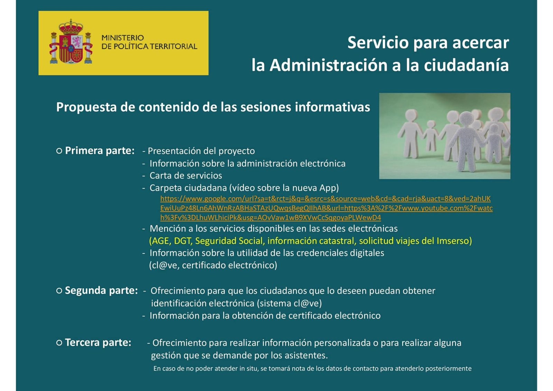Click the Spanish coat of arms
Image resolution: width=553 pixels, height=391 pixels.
pos(71,41)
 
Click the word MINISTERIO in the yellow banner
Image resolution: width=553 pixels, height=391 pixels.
pos(123,38)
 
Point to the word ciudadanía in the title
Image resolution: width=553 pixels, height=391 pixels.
pos(466,65)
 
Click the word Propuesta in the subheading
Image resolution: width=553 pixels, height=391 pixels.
pos(86,108)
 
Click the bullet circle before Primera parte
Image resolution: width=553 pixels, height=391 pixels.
pos(59,151)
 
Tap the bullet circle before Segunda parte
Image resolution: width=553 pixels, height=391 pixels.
pos(59,290)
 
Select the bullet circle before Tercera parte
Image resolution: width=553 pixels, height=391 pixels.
pos(59,343)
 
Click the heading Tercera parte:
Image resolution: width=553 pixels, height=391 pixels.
pos(98,343)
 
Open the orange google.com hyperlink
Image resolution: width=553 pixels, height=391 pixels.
pos(326,208)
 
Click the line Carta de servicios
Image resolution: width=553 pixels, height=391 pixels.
pos(186,176)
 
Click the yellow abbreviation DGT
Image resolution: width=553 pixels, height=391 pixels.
pos(183,241)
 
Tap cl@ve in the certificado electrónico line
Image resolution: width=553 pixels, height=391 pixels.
pos(164,265)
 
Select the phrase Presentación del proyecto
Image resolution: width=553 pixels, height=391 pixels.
pos(201,151)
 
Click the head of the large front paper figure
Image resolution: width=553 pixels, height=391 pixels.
pos(466,119)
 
